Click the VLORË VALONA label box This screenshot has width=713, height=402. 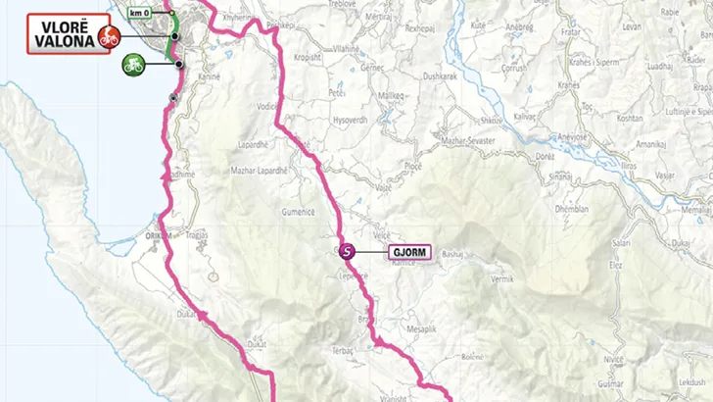pos(61,36)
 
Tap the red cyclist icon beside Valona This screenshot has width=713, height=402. pos(107,38)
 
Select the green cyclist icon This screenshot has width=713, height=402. pos(134,66)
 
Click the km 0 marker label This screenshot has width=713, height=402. pos(143,14)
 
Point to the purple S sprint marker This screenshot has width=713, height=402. pos(346,251)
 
